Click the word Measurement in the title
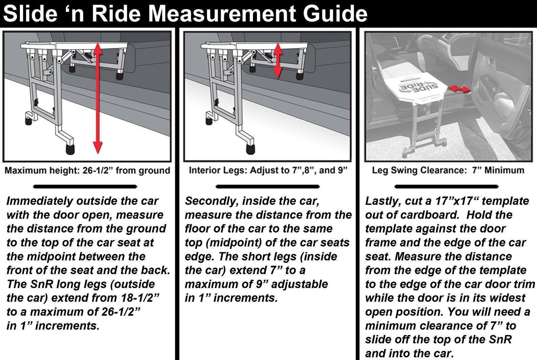(x=223, y=14)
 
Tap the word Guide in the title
(x=335, y=14)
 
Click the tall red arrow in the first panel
(x=97, y=98)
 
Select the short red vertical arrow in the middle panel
(x=278, y=61)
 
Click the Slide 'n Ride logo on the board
(x=419, y=87)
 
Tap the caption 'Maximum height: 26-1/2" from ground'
(x=87, y=170)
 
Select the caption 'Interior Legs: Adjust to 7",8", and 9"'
(x=268, y=170)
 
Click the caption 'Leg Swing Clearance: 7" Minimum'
(x=448, y=170)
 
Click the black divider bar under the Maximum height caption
(x=85, y=186)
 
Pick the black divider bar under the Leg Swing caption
(x=446, y=186)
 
